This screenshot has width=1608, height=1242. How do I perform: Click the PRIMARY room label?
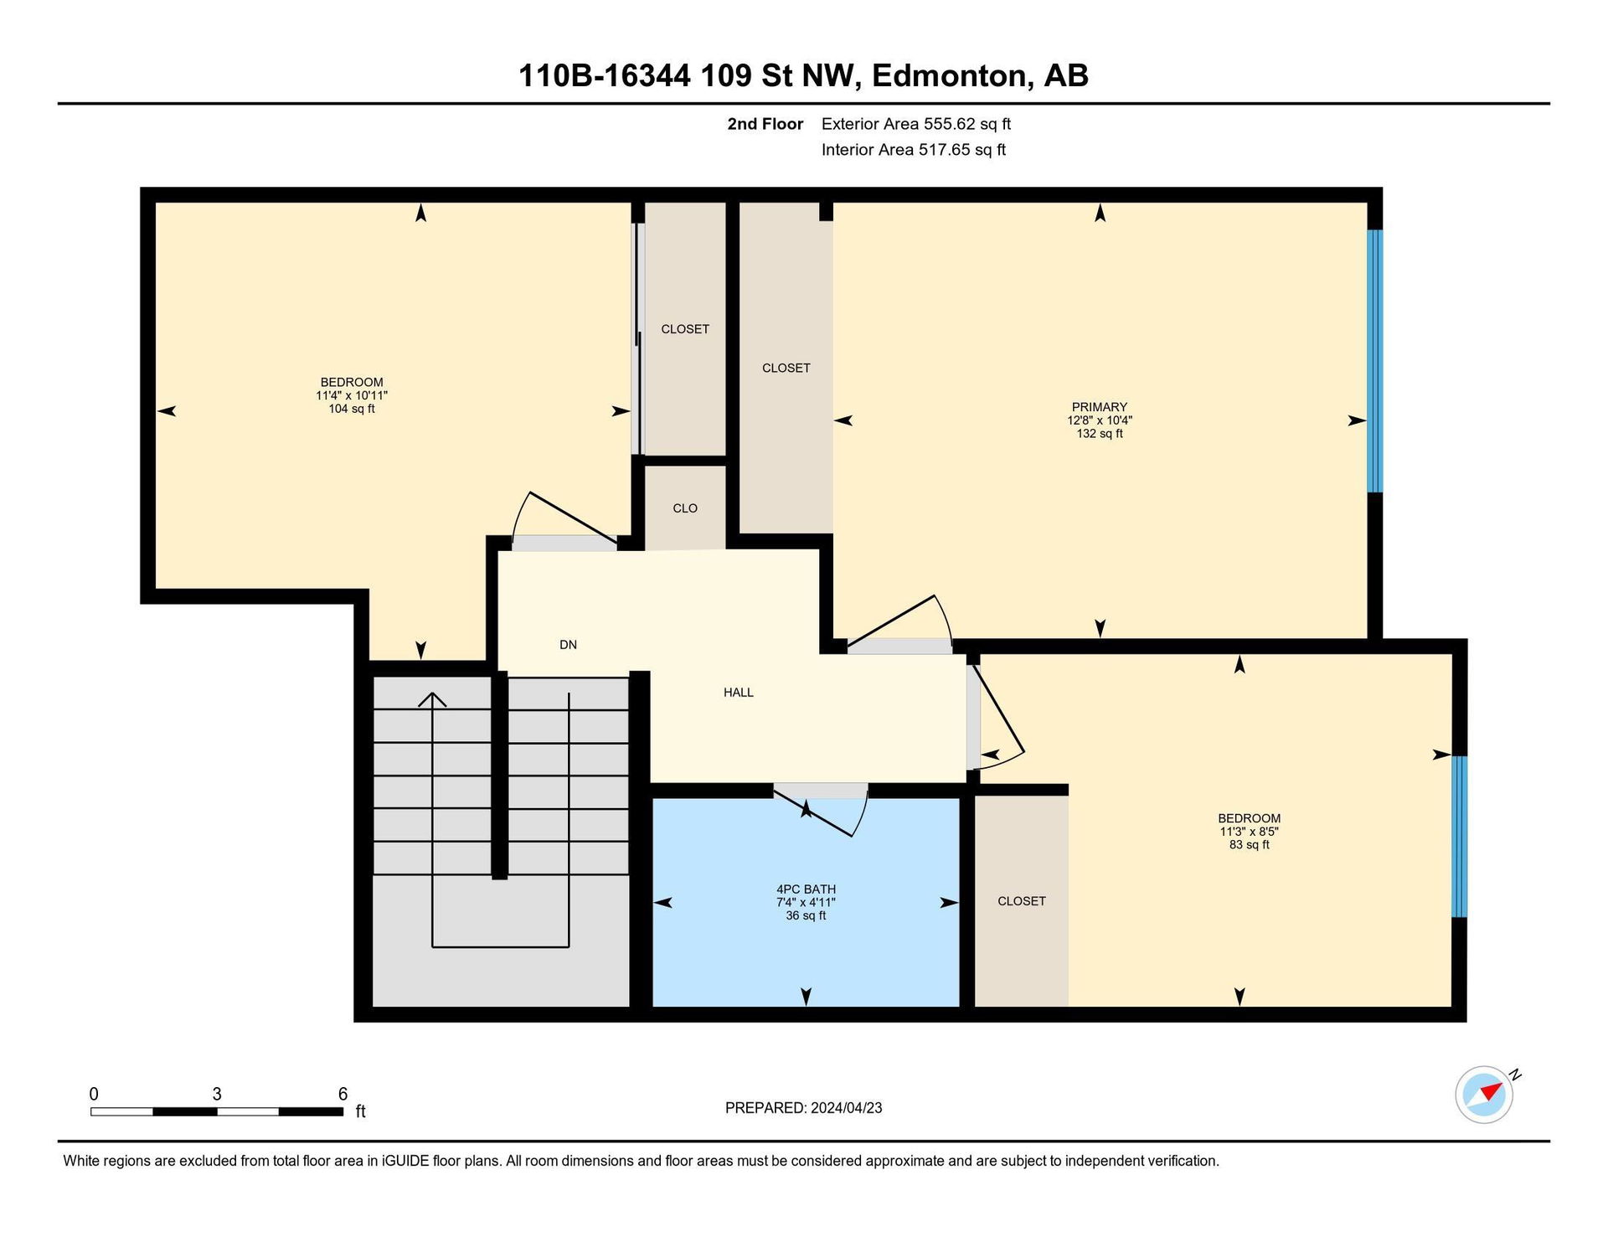(x=1099, y=407)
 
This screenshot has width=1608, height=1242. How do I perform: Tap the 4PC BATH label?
(x=806, y=889)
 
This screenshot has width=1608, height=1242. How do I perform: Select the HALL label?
(x=739, y=693)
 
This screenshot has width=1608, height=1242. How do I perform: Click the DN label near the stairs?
(x=569, y=645)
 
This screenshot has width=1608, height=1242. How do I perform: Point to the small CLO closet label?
(x=685, y=508)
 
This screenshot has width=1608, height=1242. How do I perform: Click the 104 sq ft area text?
(x=352, y=409)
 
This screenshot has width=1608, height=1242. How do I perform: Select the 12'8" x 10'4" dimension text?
(x=1100, y=420)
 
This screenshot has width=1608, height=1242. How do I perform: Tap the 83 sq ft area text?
(x=1249, y=845)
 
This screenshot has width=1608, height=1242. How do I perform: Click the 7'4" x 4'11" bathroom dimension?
(x=806, y=903)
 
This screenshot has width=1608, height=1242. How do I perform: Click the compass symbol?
(x=1484, y=1094)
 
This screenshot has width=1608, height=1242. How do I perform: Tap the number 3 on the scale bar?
(x=217, y=1094)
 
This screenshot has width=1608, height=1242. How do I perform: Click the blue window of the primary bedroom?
(x=1374, y=361)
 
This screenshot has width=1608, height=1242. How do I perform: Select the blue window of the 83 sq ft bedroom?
(x=1459, y=837)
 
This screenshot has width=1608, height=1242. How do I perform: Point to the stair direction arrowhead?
(x=432, y=699)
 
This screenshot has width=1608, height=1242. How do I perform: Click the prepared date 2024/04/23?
(x=846, y=1108)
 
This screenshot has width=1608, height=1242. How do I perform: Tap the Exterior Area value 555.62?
(x=950, y=124)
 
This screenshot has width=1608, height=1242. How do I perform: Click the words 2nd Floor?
(x=765, y=124)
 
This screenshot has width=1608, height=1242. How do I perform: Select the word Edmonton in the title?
(x=950, y=76)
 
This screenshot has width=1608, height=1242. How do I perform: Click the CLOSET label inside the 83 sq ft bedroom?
(x=1022, y=901)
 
